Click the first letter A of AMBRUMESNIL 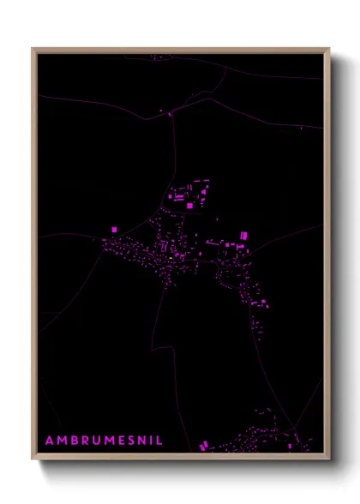pos(50,441)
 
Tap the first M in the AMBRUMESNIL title pos(62,441)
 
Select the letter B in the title pos(74,441)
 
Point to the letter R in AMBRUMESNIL pos(84,441)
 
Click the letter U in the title pos(95,441)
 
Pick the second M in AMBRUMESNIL pos(108,441)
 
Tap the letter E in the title pos(120,441)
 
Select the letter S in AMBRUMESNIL pos(129,441)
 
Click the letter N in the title pos(141,441)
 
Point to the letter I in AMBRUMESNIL pos(150,441)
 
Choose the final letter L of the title pos(158,441)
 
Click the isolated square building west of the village pos(116,229)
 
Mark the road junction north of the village pos(170,112)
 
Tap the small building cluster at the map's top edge pos(160,57)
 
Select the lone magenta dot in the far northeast pos(301,128)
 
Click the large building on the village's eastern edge pos(243,233)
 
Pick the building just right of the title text pos(203,446)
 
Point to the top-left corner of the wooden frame pos(33,49)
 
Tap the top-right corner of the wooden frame pos(328,49)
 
